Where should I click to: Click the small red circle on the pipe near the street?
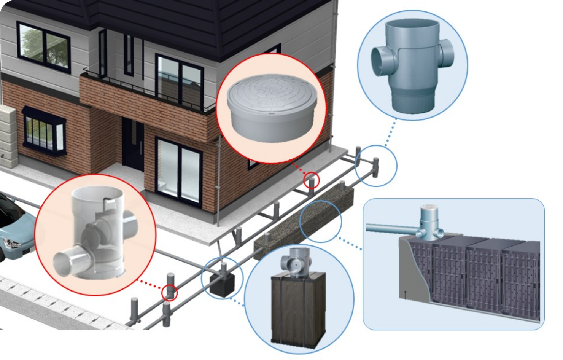pyautogui.click(x=170, y=292)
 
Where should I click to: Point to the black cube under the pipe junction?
pyautogui.click(x=224, y=284)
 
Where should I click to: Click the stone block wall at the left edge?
pyautogui.click(x=8, y=137)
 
